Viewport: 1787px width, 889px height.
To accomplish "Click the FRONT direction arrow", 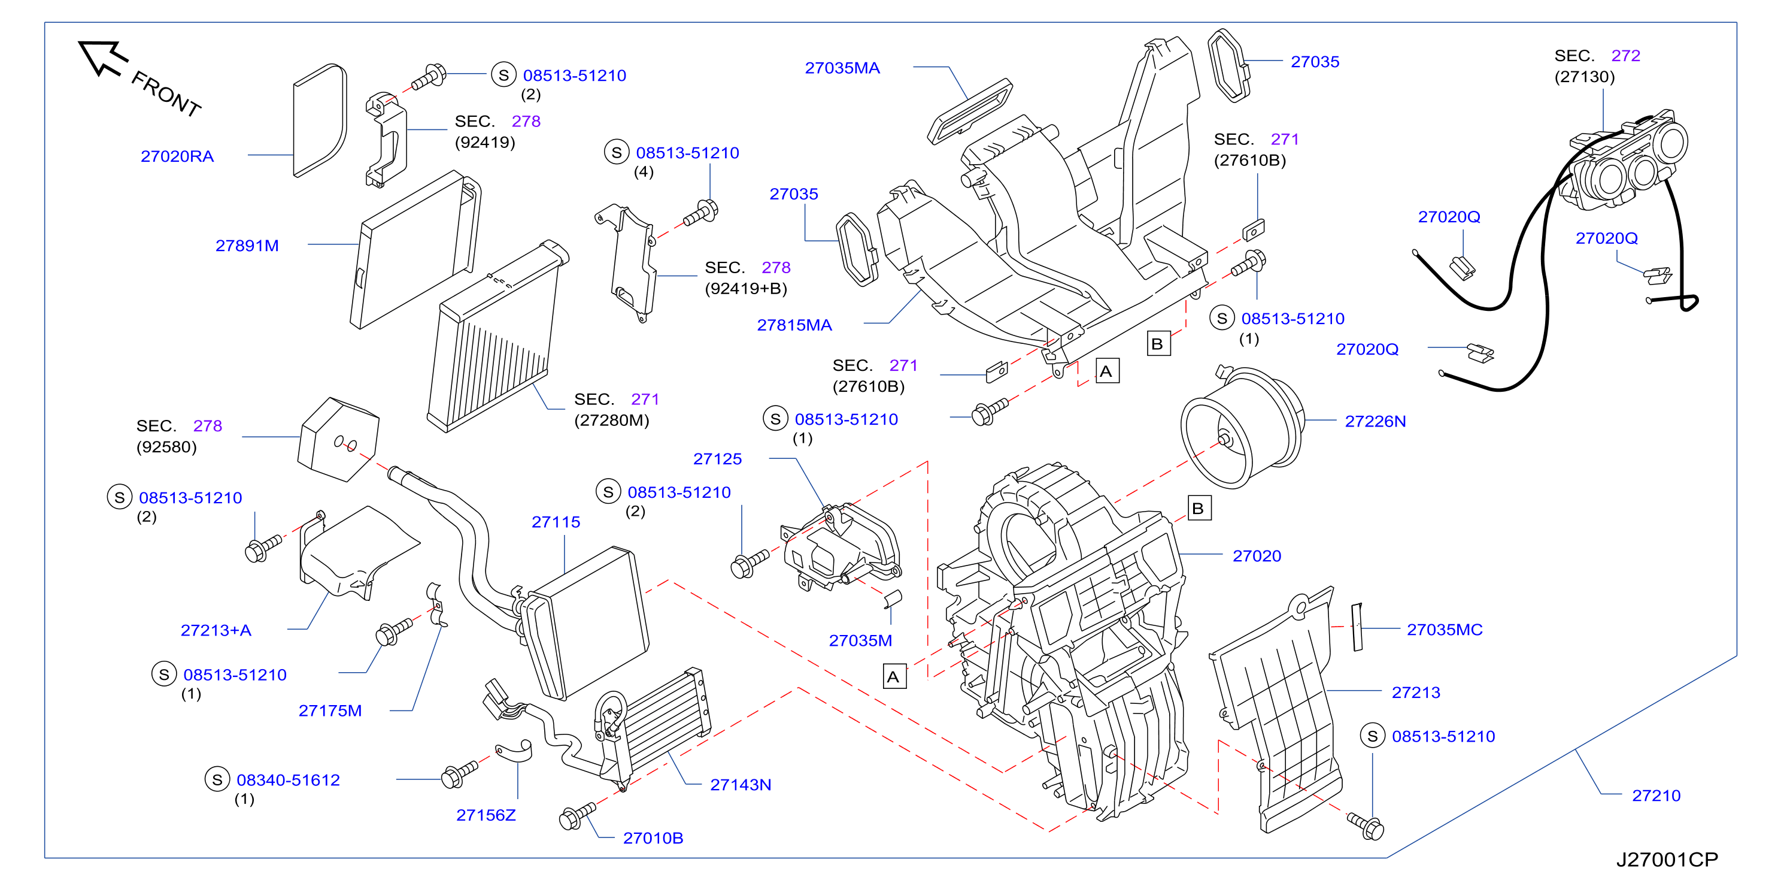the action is tap(102, 58).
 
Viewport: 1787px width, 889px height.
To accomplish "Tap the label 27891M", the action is tap(247, 246).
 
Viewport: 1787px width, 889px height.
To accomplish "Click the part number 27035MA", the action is tap(842, 68).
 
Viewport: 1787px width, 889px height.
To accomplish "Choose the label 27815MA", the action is tap(794, 325).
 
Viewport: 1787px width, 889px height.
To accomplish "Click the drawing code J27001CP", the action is tap(1667, 860).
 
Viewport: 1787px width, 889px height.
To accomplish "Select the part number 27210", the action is tap(1656, 796).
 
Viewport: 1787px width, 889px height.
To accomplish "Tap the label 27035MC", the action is tap(1445, 630).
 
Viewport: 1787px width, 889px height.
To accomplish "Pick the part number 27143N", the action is tap(740, 785).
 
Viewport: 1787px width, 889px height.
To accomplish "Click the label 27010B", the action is tap(653, 838).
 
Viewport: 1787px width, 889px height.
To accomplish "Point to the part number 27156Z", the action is tap(486, 815).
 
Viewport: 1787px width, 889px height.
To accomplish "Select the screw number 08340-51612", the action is tap(288, 780).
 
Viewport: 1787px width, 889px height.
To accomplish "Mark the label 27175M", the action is tap(330, 710).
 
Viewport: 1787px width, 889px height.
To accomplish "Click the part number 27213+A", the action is tap(216, 630).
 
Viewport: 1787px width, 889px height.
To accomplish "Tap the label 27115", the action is tap(556, 522).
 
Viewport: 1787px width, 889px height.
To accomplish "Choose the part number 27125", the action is tap(717, 459).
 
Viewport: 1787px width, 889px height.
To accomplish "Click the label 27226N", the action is tap(1375, 421).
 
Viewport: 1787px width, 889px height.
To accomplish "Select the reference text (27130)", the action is tap(1585, 77).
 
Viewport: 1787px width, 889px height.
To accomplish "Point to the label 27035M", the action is tap(860, 640).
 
